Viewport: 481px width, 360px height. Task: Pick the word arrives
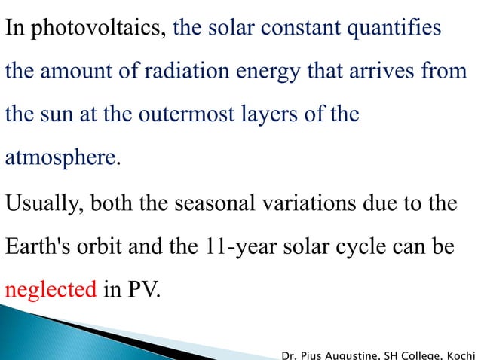[x=391, y=74]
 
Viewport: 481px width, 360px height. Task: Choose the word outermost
[x=178, y=117]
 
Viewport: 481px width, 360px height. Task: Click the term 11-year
[x=237, y=247]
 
